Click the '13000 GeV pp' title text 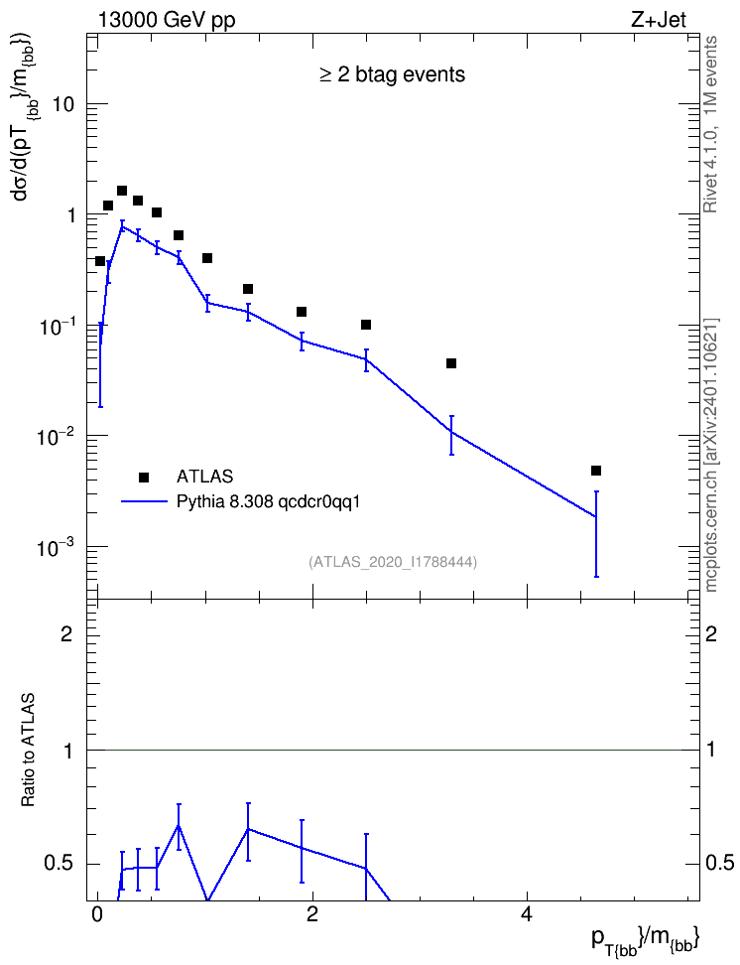(166, 20)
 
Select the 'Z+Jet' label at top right (658, 20)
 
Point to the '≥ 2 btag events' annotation (392, 74)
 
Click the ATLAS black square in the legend (144, 477)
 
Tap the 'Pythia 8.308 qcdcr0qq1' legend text (268, 502)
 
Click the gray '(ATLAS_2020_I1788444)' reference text (393, 562)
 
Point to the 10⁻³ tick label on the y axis (55, 545)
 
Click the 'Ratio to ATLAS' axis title (28, 751)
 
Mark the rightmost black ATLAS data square (595, 471)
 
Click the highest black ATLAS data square (122, 191)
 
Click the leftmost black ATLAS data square (99, 261)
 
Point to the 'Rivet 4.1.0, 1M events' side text (710, 124)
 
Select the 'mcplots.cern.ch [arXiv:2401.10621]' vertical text (711, 455)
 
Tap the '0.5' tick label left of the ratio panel (59, 864)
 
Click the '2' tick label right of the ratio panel (711, 633)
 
